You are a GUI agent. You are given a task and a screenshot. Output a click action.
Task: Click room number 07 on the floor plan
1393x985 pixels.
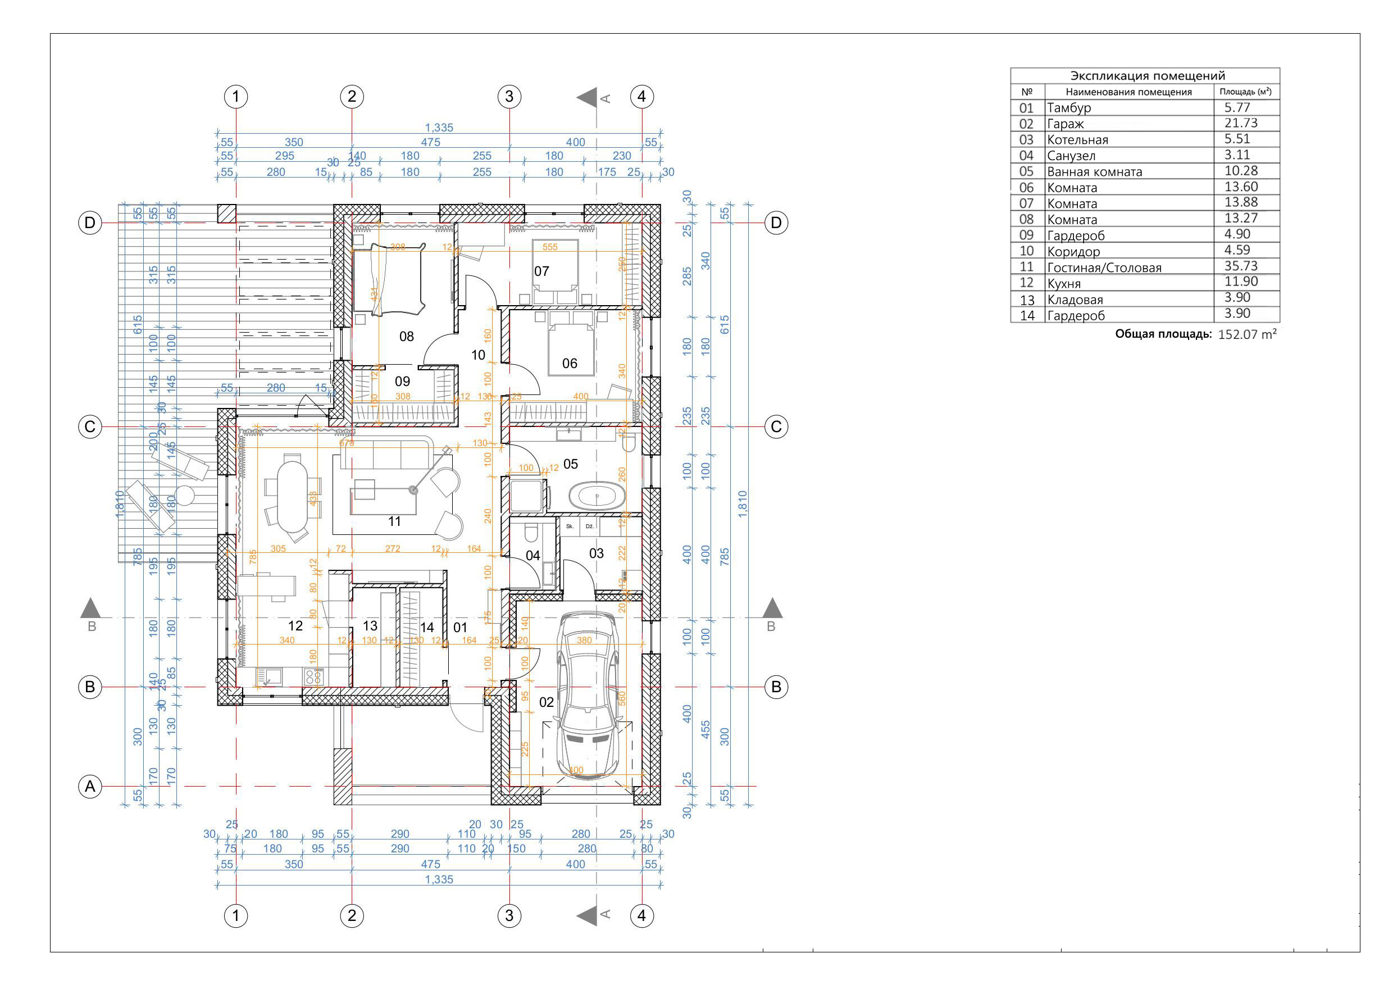coord(541,271)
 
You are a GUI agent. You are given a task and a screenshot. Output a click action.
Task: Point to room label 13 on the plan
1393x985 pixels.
coord(370,626)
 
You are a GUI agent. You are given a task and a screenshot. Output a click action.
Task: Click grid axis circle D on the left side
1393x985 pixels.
coord(90,223)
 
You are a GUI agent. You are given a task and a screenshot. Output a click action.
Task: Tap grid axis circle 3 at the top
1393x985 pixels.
coord(509,97)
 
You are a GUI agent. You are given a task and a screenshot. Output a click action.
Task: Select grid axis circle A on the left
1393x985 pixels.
coord(90,787)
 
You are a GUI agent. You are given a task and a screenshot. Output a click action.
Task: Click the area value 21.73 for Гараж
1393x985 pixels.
coord(1241,123)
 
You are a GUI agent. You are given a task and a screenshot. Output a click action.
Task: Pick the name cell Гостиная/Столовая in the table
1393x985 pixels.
coord(1104,267)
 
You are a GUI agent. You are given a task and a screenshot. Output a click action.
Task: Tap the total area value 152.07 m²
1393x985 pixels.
coord(1247,334)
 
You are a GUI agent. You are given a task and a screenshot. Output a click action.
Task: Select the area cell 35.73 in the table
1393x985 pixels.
coord(1241,266)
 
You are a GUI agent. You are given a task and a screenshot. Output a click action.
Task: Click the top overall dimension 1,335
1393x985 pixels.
coord(439,128)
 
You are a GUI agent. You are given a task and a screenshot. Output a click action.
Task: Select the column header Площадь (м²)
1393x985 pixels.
coord(1246,92)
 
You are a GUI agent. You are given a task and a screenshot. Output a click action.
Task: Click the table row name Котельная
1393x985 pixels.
coord(1077,139)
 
